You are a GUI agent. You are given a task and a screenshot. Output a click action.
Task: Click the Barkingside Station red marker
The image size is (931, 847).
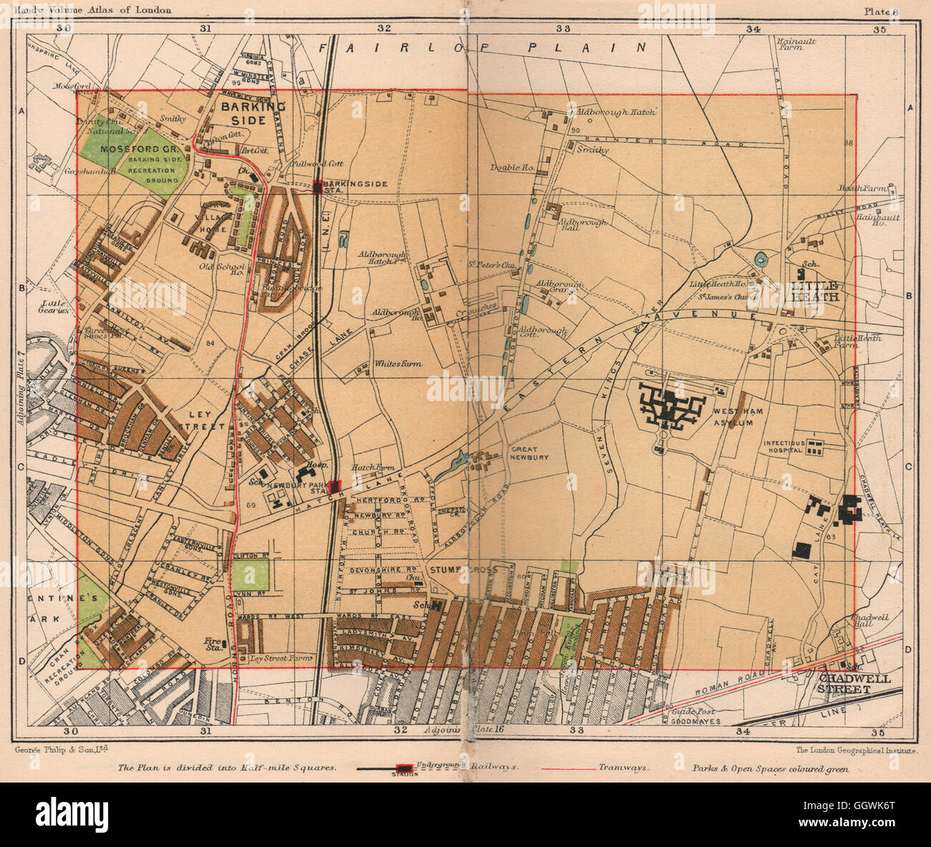[317, 188]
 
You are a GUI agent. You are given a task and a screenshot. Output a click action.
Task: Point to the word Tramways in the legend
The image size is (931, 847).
[624, 767]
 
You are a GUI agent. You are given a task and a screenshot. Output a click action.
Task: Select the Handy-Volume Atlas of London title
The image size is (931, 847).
[92, 9]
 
